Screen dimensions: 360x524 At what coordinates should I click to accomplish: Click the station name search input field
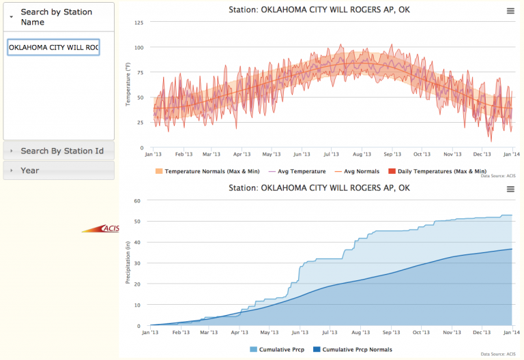[53, 48]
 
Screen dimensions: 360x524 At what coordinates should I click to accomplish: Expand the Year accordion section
[30, 170]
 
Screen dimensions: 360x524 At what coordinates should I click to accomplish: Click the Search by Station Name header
[58, 17]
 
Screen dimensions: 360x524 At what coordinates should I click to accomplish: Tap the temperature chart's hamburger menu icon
[510, 10]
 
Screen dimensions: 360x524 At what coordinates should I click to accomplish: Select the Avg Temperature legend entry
[294, 171]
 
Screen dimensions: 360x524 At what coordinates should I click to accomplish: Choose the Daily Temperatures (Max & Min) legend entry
[437, 171]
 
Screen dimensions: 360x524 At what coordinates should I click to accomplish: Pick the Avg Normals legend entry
[358, 171]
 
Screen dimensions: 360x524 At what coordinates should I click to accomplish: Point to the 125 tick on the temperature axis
[139, 23]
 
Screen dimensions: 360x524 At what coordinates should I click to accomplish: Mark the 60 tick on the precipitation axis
[136, 201]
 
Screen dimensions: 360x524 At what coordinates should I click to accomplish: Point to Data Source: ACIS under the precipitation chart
[496, 354]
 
